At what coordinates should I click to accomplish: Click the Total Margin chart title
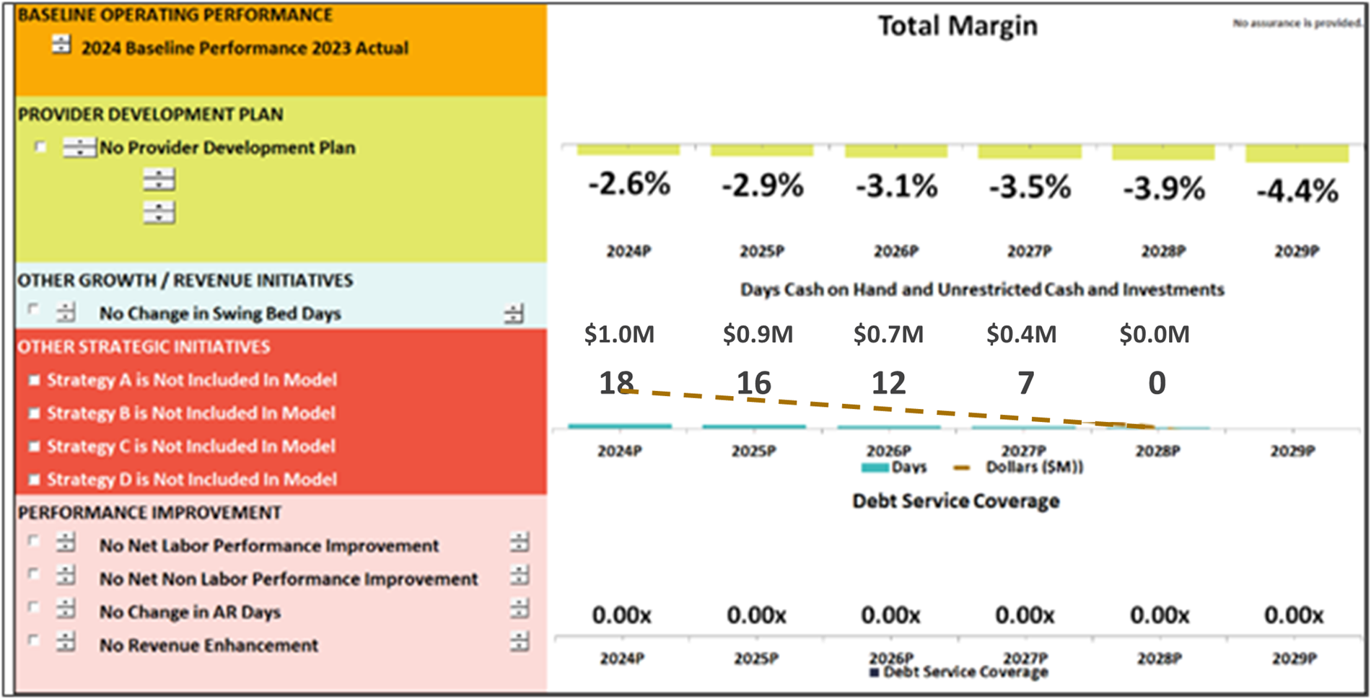tap(957, 26)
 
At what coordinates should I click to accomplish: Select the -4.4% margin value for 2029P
tap(1297, 191)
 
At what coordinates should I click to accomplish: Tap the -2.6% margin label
tap(628, 185)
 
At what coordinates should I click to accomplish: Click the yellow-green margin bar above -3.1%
tap(895, 151)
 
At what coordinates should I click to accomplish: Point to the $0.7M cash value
tap(888, 334)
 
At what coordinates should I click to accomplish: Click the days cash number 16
tap(753, 383)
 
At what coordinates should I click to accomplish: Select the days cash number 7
tap(1025, 383)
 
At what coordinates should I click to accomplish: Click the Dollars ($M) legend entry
tap(1033, 467)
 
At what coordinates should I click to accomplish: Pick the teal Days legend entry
tap(894, 467)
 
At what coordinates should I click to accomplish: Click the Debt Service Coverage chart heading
tap(955, 501)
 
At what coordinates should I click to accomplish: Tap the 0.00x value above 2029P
tap(1293, 615)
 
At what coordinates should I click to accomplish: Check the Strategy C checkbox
tap(34, 447)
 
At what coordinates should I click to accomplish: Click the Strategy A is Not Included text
tap(192, 380)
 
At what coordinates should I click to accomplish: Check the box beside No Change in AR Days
tap(33, 607)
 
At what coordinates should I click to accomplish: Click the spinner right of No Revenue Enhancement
tap(519, 641)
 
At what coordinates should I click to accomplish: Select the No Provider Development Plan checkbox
tap(40, 147)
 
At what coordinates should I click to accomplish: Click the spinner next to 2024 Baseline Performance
tap(61, 45)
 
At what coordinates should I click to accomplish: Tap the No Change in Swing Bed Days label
tap(220, 314)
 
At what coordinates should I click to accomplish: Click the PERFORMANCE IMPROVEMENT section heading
tap(149, 513)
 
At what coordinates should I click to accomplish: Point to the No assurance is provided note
tap(1296, 23)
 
